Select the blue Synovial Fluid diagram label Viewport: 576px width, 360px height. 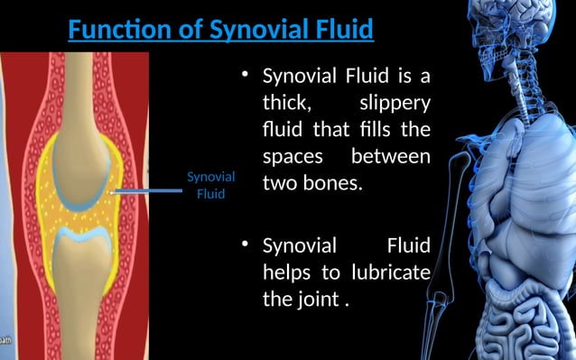click(210, 184)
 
